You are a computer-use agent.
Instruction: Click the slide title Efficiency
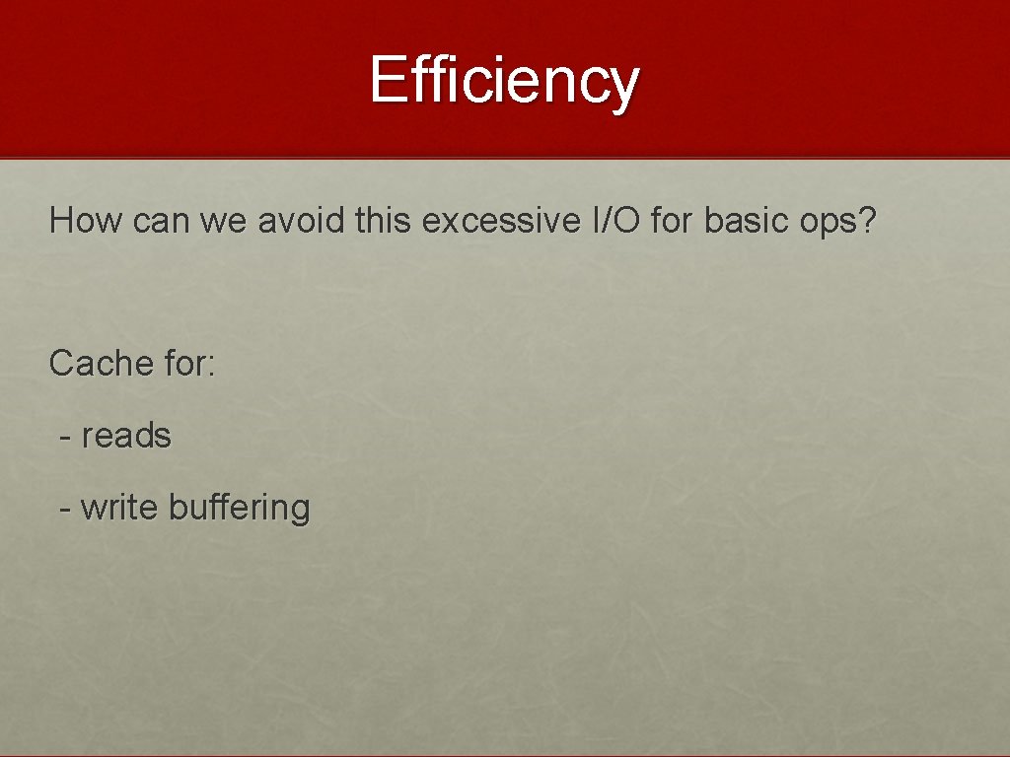pos(505,81)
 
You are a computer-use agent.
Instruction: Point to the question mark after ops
pos(868,221)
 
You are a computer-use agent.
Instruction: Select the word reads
pos(126,436)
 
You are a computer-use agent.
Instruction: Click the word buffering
pos(240,509)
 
